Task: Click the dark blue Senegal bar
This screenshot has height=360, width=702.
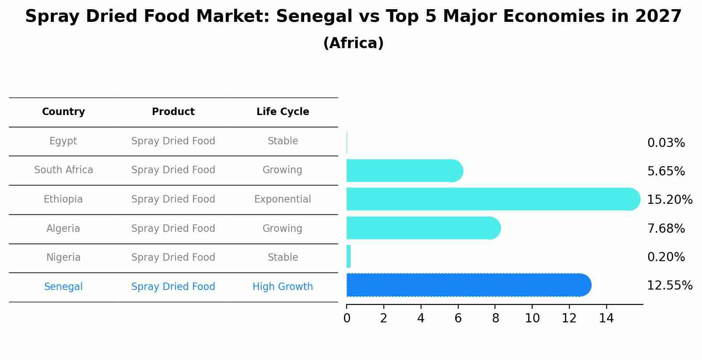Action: (468, 285)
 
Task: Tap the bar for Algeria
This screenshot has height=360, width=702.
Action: (422, 228)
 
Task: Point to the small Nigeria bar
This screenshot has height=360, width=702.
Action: (349, 256)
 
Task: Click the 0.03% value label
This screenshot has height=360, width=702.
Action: (666, 143)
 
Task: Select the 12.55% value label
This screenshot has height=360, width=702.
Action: (669, 286)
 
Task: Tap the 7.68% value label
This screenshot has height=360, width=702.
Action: (666, 228)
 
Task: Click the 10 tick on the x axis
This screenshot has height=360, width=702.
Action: (532, 318)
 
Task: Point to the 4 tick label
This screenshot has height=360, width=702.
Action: (421, 318)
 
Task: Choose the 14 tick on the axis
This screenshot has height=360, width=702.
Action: (606, 318)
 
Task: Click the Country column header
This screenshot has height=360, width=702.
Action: (63, 112)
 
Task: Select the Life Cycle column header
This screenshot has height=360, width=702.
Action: (283, 112)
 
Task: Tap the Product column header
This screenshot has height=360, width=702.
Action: (173, 112)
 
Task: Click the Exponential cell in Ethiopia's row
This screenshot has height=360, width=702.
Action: (283, 199)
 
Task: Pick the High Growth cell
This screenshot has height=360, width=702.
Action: (283, 287)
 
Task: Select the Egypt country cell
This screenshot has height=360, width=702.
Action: (63, 141)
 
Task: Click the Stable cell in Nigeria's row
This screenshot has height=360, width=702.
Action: (283, 258)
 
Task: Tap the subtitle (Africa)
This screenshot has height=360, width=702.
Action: (353, 43)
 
